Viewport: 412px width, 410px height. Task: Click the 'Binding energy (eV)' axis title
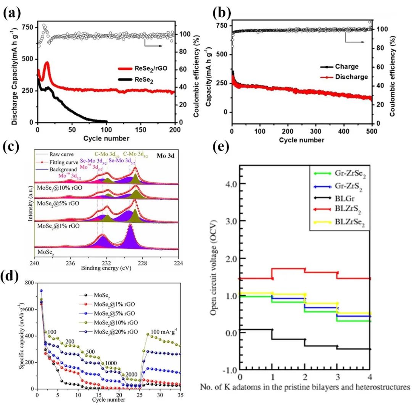click(x=106, y=268)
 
